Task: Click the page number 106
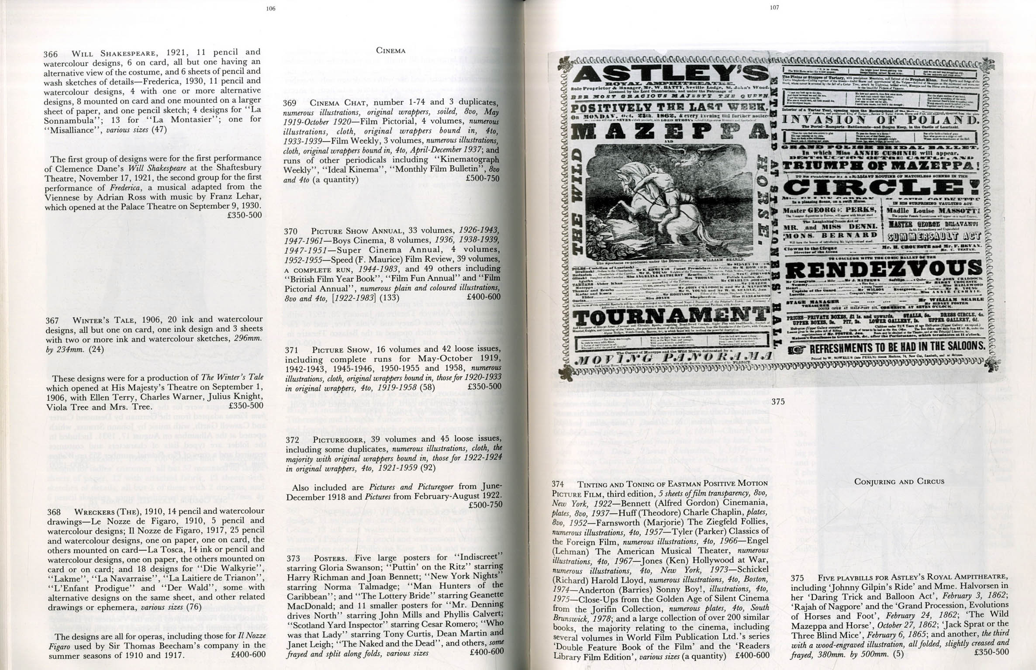[x=271, y=8]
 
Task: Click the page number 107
[x=774, y=7]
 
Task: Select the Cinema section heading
[x=390, y=51]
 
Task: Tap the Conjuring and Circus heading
[x=899, y=481]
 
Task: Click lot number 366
[x=51, y=54]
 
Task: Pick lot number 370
[x=291, y=231]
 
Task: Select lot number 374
[x=558, y=484]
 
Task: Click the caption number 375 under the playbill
[x=778, y=402]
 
